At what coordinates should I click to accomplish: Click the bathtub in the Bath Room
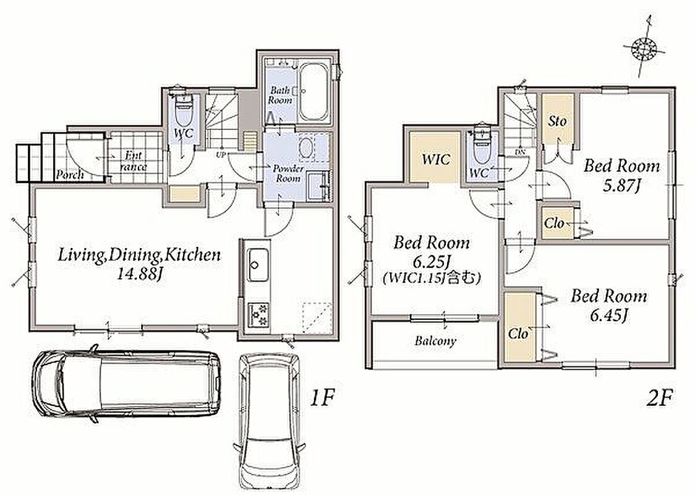point(313,92)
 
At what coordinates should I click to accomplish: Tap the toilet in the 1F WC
point(184,110)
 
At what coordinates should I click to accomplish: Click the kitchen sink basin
point(257,265)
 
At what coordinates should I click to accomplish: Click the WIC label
point(436,159)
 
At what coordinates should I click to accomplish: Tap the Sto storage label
point(557,121)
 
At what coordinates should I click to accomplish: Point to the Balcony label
point(435,341)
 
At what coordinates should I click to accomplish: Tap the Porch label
point(70,174)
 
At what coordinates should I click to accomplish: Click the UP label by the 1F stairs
point(220,155)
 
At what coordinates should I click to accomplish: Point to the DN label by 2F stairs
point(521,152)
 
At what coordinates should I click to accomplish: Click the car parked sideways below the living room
point(126,382)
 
